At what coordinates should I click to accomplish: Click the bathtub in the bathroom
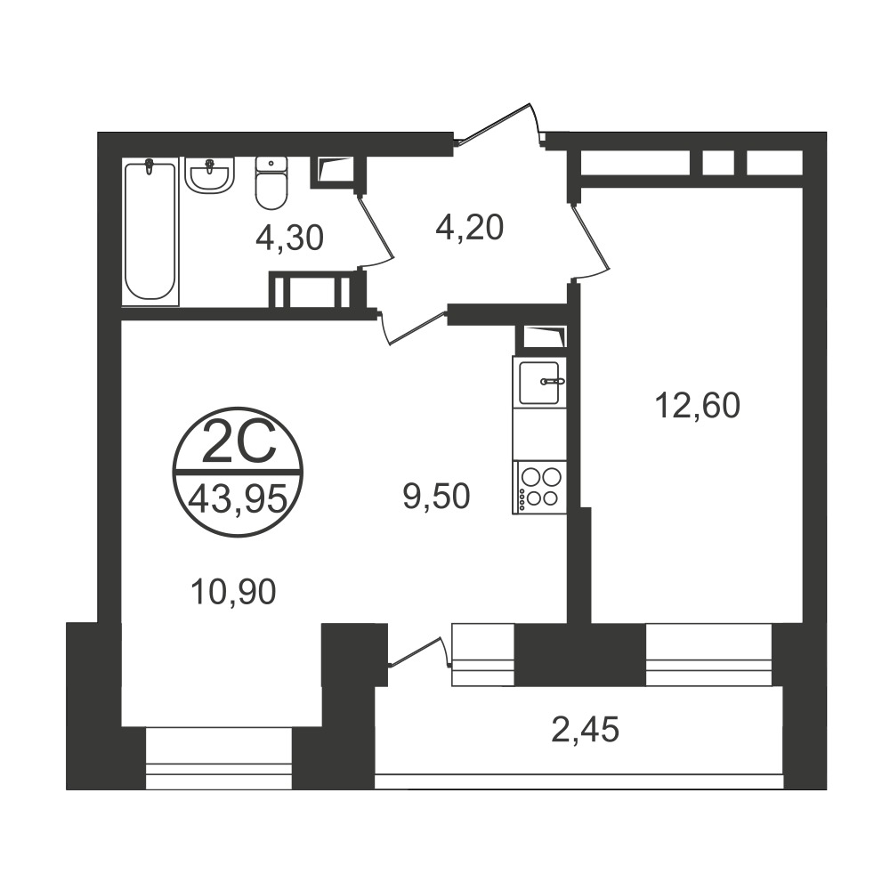[150, 231]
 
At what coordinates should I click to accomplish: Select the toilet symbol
[271, 182]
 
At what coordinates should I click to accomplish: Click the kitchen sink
[539, 382]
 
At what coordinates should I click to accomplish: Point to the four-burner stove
[539, 487]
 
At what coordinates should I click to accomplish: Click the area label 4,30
[289, 238]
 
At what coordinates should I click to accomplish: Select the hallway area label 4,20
[469, 228]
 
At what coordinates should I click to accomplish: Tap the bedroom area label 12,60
[698, 406]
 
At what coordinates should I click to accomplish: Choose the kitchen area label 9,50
[436, 496]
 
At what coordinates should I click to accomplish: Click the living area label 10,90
[233, 592]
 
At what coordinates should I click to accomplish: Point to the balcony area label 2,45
[585, 730]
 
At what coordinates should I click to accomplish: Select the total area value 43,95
[238, 500]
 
